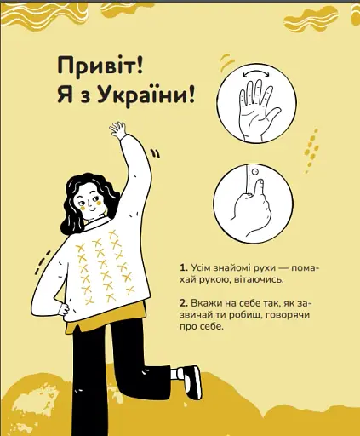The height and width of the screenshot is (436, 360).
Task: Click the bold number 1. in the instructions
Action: [184, 267]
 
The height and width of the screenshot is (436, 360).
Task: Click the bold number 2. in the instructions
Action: [184, 302]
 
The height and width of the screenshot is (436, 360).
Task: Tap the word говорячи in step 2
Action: [294, 314]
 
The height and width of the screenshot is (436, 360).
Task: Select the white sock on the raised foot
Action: [179, 373]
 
